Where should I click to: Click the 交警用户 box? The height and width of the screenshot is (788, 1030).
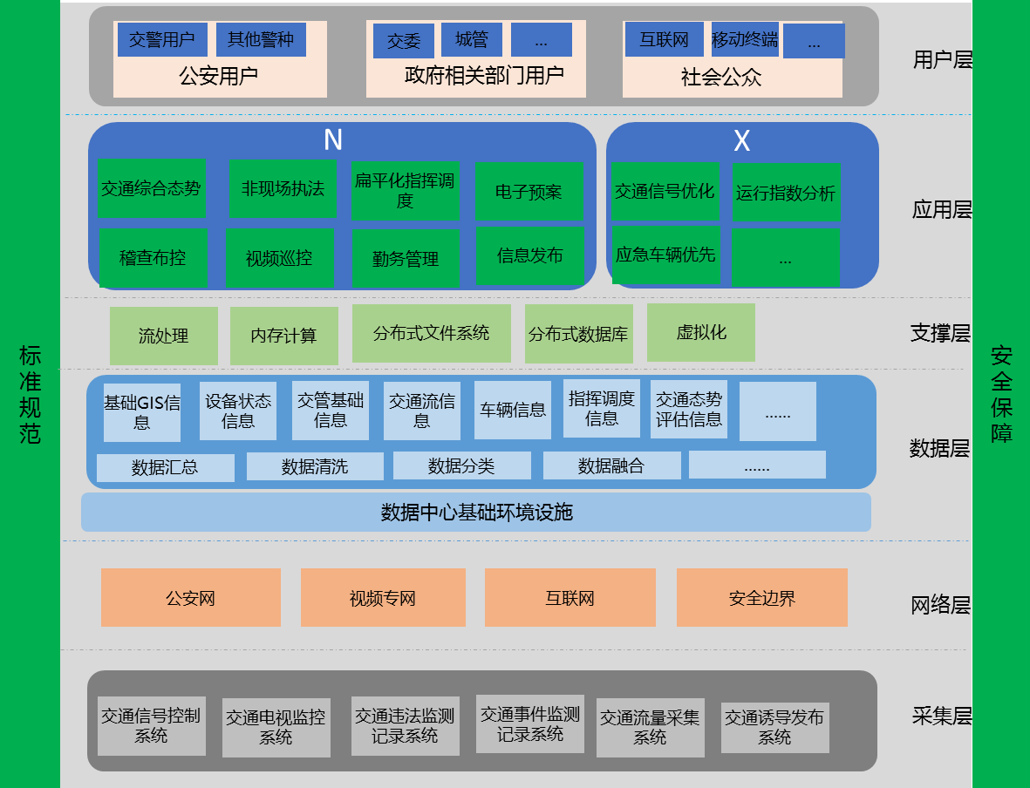pos(161,39)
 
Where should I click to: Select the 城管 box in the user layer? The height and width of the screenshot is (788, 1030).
pos(471,39)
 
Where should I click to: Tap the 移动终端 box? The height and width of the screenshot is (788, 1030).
pos(744,39)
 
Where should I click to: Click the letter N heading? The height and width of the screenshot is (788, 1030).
pos(332,140)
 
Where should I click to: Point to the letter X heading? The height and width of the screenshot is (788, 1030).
pos(741,141)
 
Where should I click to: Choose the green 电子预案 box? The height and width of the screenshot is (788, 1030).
pos(529,191)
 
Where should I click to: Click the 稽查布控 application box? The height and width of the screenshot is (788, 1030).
pos(153,258)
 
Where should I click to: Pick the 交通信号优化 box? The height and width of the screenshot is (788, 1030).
pos(665,191)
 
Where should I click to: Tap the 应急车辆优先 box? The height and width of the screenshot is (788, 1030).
pos(665,255)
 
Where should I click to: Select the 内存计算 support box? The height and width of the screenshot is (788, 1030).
pos(283,336)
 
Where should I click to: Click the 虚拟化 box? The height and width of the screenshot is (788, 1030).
pos(700,332)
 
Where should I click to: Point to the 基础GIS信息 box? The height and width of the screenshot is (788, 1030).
pos(142,412)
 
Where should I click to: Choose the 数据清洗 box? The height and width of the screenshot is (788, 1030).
pos(314,466)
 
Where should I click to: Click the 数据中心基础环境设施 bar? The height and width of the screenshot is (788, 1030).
pos(476,512)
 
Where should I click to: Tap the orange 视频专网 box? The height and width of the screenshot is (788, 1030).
pos(382,598)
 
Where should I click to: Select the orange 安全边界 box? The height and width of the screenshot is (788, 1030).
pos(761,598)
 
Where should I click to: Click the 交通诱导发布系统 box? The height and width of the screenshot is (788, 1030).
pos(774,727)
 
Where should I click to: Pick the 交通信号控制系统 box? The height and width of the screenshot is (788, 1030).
pos(151,725)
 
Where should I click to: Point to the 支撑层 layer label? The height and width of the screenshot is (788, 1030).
pos(939,333)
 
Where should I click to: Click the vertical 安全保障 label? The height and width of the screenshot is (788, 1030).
pos(1001,394)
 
